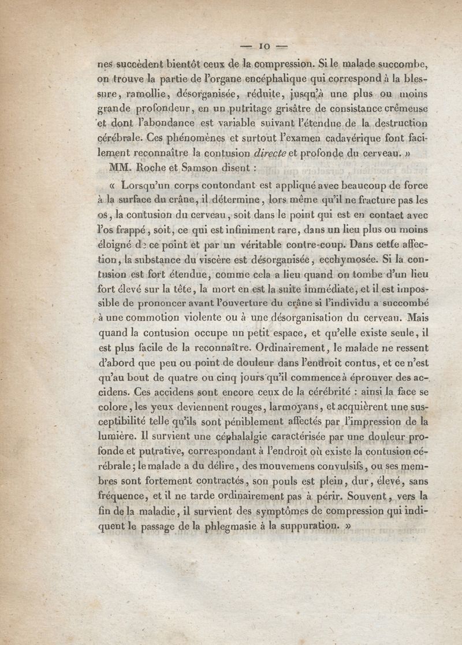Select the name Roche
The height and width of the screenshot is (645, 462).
pyautogui.click(x=157, y=168)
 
